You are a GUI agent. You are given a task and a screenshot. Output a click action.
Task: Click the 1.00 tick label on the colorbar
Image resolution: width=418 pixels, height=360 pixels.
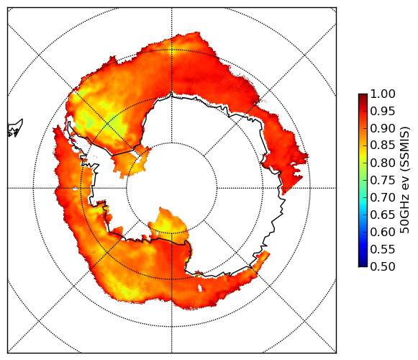383,94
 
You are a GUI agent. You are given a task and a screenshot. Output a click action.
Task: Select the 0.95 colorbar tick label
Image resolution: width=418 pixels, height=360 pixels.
383,112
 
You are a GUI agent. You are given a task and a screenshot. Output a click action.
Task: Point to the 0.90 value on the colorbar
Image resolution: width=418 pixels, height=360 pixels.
383,129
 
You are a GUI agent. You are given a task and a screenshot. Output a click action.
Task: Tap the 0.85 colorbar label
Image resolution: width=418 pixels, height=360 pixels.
383,145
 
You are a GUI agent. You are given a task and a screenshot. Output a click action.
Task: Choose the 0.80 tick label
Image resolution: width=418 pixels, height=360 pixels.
383,163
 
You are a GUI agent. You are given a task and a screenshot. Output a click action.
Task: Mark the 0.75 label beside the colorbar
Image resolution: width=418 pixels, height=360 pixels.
383,181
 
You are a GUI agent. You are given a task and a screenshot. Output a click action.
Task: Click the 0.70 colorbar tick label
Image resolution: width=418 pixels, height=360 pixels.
383,198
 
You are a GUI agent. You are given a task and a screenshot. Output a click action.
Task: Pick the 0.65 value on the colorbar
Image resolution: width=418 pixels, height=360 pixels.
383,215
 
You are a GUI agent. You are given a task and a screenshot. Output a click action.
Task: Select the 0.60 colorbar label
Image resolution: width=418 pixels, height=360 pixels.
383,232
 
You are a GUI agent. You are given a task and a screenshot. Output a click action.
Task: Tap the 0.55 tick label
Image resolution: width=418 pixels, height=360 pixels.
383,249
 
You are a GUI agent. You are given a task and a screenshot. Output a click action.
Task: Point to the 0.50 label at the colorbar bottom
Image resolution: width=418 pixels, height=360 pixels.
383,266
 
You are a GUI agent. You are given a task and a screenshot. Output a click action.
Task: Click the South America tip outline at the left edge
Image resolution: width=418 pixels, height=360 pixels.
15,128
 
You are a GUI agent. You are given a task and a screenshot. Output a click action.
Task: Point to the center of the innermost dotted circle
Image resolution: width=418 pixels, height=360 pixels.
172,188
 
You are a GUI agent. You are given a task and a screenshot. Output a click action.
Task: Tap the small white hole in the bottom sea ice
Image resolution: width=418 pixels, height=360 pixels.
200,288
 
